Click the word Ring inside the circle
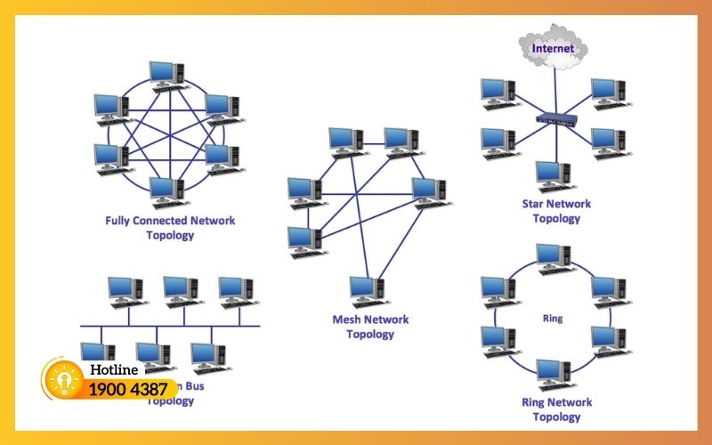(552, 318)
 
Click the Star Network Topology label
(556, 211)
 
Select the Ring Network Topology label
(556, 409)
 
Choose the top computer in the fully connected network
(166, 76)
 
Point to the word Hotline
(114, 369)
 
